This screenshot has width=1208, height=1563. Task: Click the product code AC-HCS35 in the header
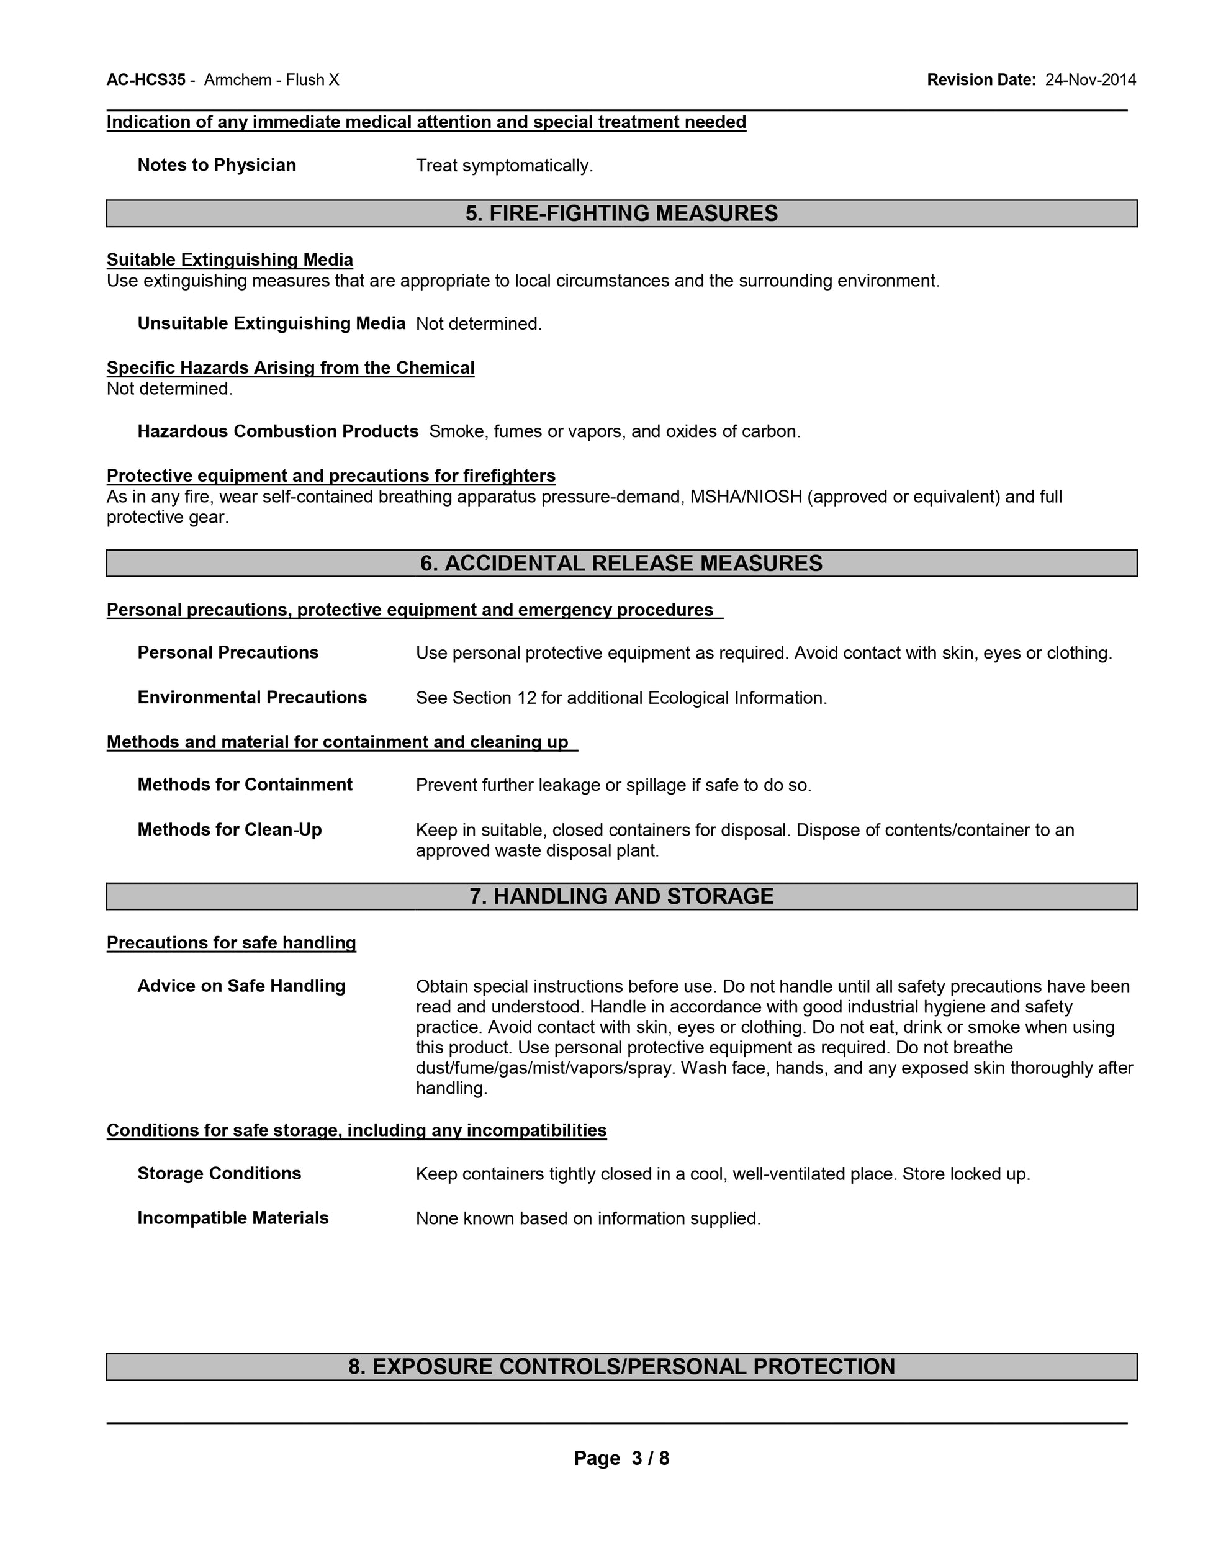[x=146, y=80]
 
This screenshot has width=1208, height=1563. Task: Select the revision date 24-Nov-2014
[x=1090, y=80]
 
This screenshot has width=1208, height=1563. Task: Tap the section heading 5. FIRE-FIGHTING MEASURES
[x=621, y=214]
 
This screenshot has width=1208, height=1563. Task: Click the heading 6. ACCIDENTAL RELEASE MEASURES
[x=621, y=563]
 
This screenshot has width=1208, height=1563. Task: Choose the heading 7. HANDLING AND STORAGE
[x=621, y=896]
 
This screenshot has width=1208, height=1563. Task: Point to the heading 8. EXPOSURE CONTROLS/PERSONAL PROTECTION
[x=621, y=1366]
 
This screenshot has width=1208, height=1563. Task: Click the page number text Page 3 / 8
[x=621, y=1458]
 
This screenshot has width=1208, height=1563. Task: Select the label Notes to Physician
[x=216, y=165]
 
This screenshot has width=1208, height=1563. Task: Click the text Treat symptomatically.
[x=505, y=166]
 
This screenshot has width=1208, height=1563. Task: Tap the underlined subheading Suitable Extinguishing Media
[x=230, y=260]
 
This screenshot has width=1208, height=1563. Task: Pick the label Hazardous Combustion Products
[x=277, y=431]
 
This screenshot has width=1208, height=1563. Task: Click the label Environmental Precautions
[x=252, y=698]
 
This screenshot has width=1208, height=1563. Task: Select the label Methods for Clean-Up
[x=229, y=829]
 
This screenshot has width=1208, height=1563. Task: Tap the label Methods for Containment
[x=245, y=785]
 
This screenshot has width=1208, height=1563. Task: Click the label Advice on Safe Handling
[x=241, y=986]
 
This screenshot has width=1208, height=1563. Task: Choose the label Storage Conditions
[x=219, y=1174]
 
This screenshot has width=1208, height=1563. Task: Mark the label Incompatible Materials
[x=233, y=1218]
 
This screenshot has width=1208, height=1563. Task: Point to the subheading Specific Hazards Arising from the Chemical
[x=290, y=368]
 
